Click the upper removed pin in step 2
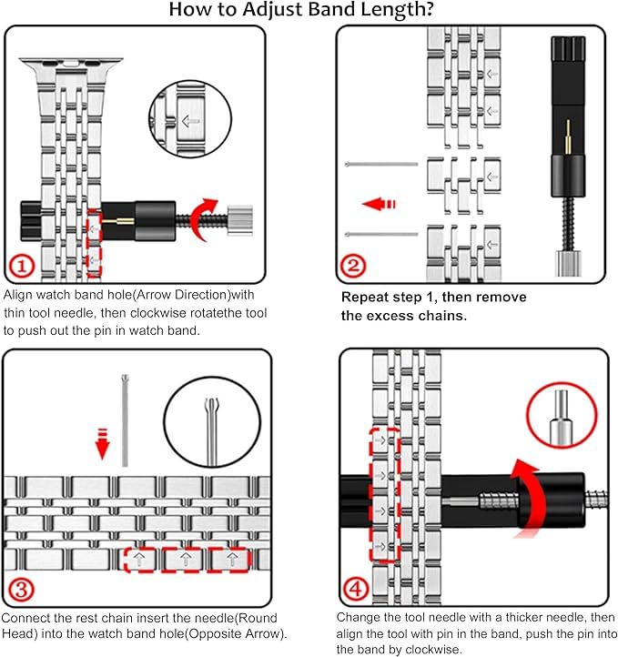click(381, 165)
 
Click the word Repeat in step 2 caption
click(363, 298)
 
